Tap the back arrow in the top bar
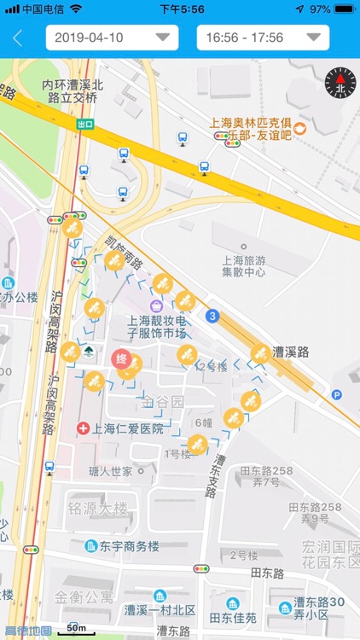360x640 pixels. (x=18, y=38)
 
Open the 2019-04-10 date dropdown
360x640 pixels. (x=112, y=38)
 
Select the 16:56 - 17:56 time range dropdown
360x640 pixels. (x=263, y=38)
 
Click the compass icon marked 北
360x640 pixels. (x=340, y=82)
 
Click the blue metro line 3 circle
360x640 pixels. (x=212, y=316)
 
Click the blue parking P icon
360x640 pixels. (x=337, y=394)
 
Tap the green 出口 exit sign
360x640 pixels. (x=85, y=124)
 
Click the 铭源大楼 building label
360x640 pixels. (x=98, y=509)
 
